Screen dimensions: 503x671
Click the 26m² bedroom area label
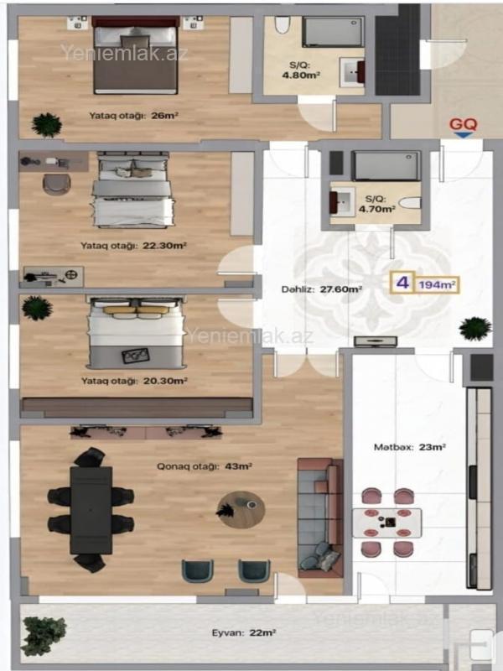tap(134, 116)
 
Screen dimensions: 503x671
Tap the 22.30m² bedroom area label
tap(133, 246)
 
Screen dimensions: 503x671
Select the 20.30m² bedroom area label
tap(134, 381)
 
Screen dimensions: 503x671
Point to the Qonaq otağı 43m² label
tap(204, 466)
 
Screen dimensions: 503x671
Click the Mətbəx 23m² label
tap(410, 447)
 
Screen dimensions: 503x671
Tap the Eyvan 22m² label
tap(243, 632)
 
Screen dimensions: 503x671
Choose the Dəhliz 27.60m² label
tap(322, 289)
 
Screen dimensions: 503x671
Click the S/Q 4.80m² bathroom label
tap(305, 70)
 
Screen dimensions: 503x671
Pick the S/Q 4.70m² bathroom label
tap(376, 204)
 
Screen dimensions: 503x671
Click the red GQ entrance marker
tap(464, 127)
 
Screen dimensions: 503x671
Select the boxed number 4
tap(402, 283)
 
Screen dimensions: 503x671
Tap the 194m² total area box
tap(437, 284)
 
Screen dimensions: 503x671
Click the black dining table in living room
tap(91, 510)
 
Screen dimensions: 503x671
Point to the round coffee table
tap(241, 510)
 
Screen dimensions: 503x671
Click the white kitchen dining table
tap(386, 523)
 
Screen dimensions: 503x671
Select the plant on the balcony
tap(43, 636)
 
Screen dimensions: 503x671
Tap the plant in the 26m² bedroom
tap(47, 125)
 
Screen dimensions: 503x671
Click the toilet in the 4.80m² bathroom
tap(282, 25)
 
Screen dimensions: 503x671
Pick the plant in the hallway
tap(474, 329)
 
